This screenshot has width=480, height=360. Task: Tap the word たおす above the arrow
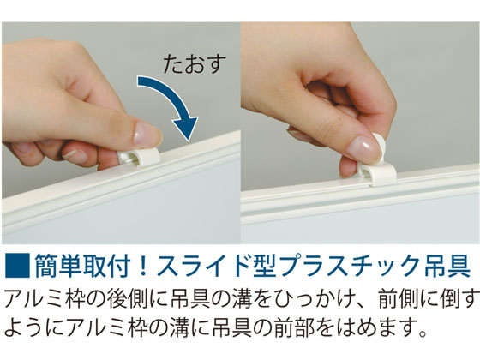[x=195, y=64]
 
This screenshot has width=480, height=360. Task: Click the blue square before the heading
[x=17, y=266]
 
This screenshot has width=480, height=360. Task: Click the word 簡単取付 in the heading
[x=82, y=266]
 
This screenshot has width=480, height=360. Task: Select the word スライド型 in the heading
[x=216, y=266]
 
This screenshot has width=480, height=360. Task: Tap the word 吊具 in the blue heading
[x=447, y=266]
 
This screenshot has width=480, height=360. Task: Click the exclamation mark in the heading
[x=142, y=266]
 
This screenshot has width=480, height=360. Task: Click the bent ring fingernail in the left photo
[x=75, y=156]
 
